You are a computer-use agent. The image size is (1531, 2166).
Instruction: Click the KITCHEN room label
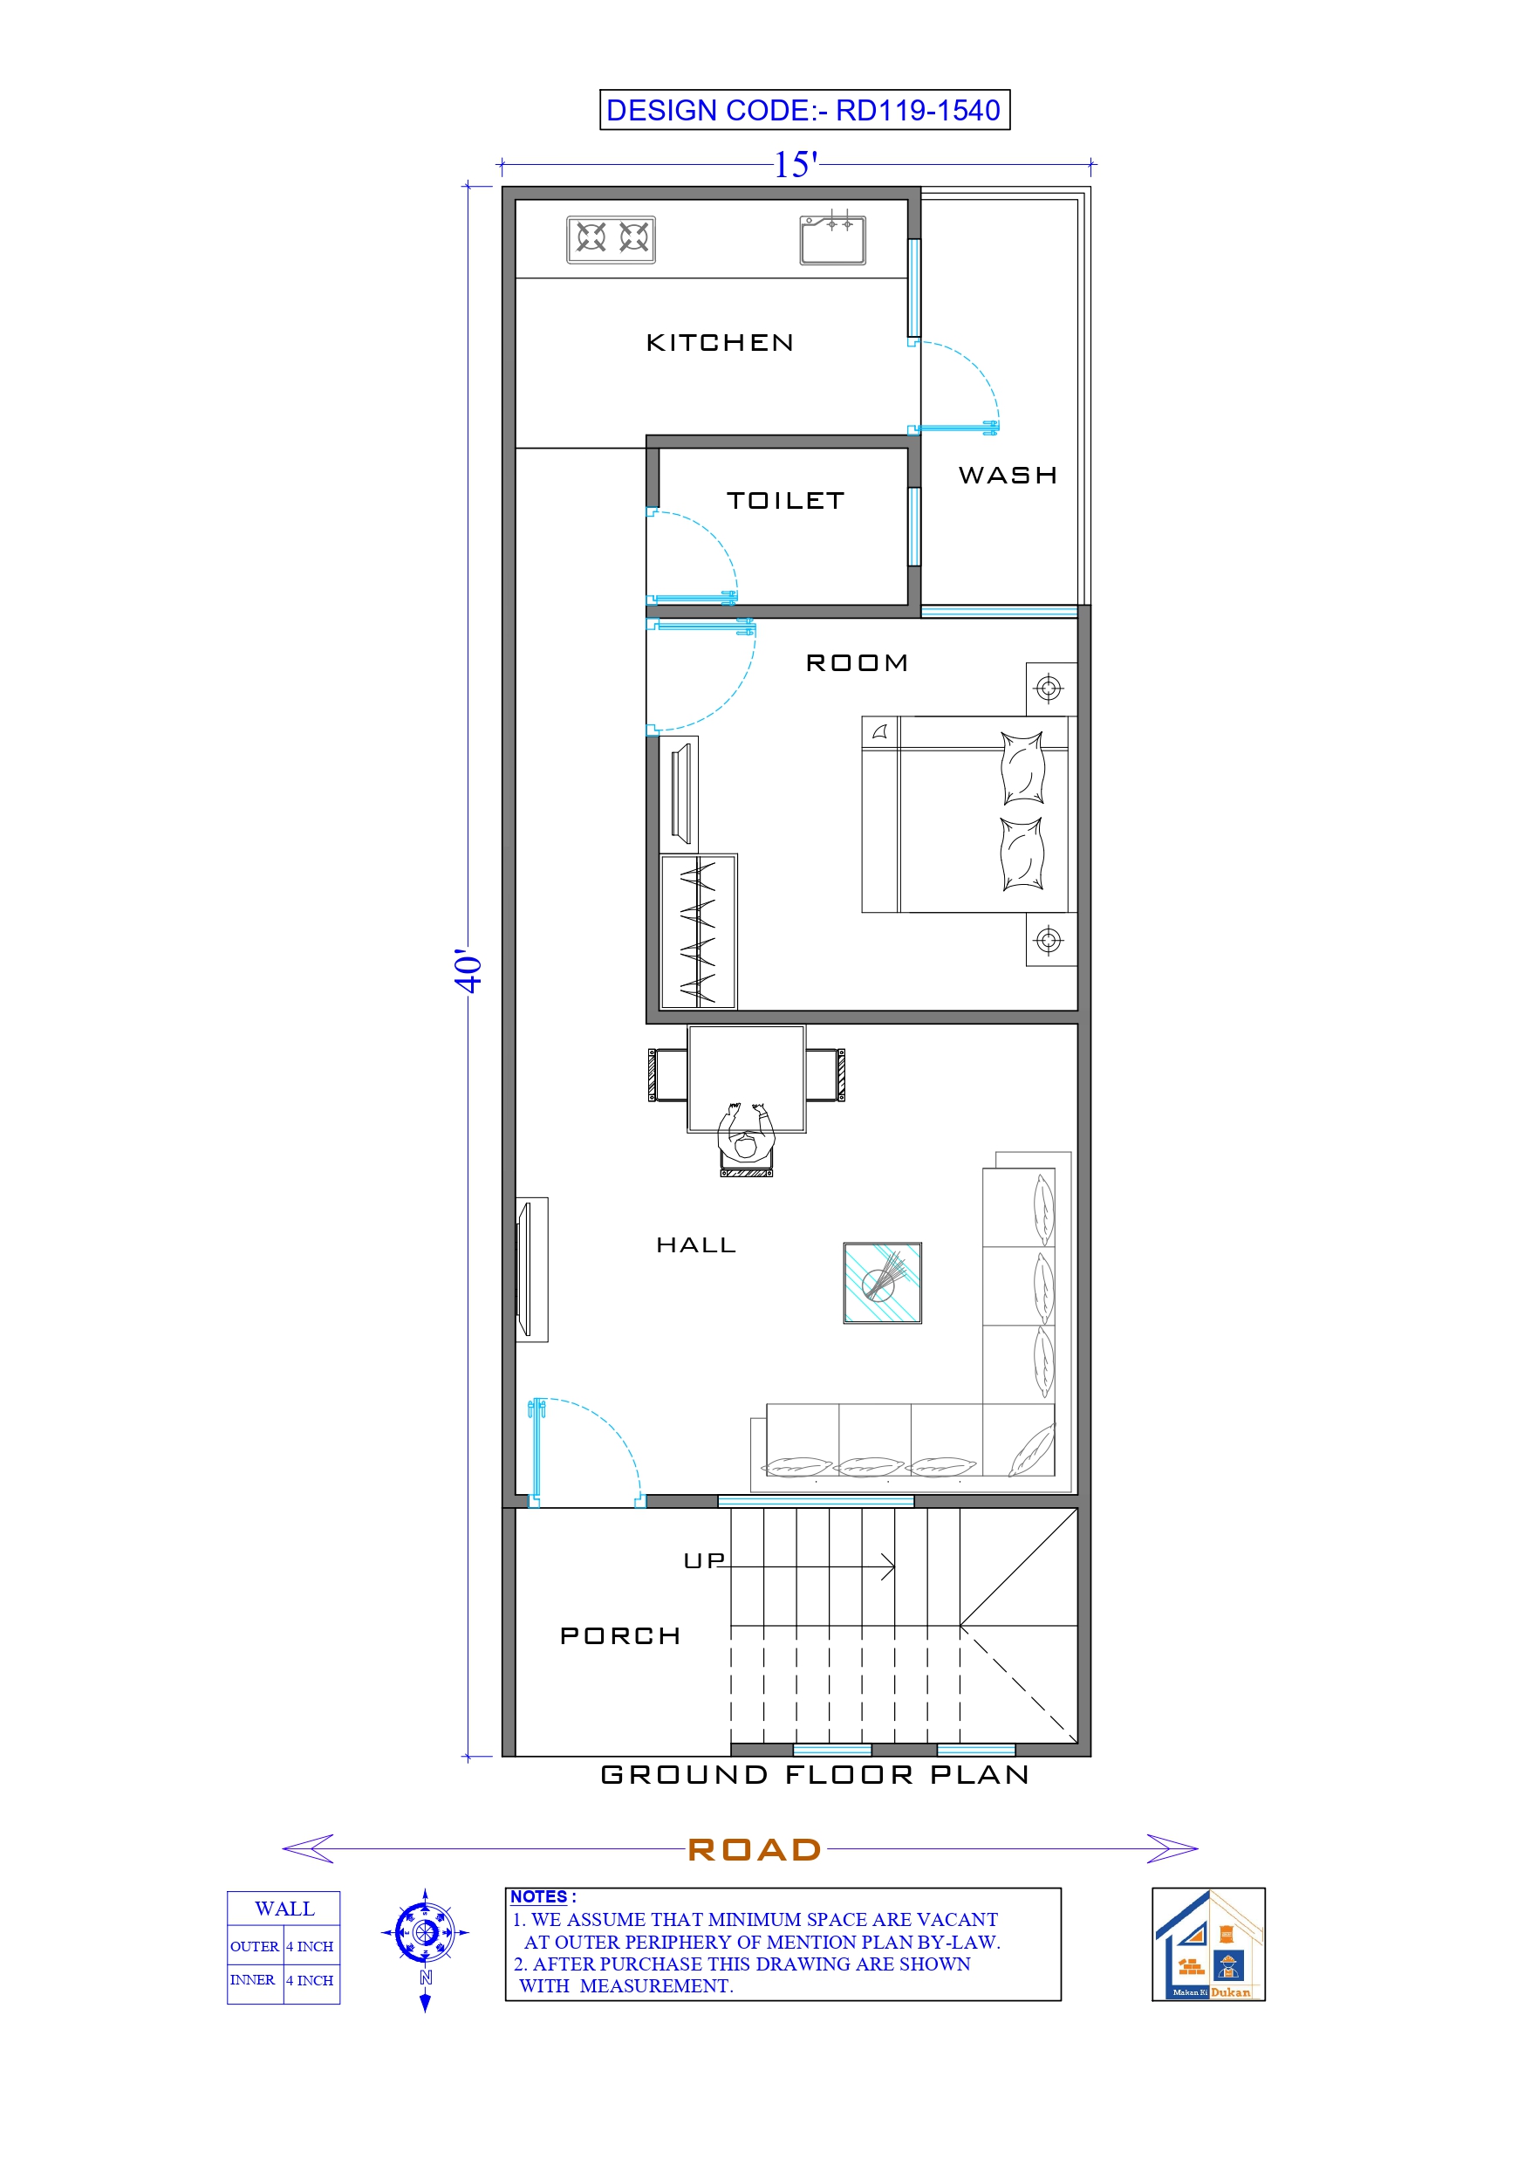[720, 342]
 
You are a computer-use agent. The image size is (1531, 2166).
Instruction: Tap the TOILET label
[785, 501]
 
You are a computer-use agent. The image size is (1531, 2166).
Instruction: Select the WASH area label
[1008, 476]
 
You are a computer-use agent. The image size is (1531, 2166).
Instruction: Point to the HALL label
[696, 1245]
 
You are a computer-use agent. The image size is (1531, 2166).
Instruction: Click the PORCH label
[619, 1635]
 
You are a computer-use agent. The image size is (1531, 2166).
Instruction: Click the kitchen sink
[832, 240]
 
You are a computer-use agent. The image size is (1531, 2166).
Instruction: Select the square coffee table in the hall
[882, 1283]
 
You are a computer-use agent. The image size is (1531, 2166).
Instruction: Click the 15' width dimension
[796, 165]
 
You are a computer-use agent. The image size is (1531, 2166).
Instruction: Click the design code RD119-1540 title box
[804, 110]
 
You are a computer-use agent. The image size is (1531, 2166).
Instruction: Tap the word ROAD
[755, 1850]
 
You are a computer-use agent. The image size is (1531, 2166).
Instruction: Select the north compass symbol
[426, 1933]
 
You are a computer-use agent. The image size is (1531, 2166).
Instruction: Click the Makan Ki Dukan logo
[1208, 1944]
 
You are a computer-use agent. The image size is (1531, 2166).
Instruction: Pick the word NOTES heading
[540, 1897]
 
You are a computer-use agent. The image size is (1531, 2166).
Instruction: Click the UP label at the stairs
[704, 1561]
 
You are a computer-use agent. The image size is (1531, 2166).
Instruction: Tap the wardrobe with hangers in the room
[698, 931]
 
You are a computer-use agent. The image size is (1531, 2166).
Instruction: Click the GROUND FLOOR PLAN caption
[815, 1775]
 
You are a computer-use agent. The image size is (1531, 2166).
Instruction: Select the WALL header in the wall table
[284, 1909]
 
